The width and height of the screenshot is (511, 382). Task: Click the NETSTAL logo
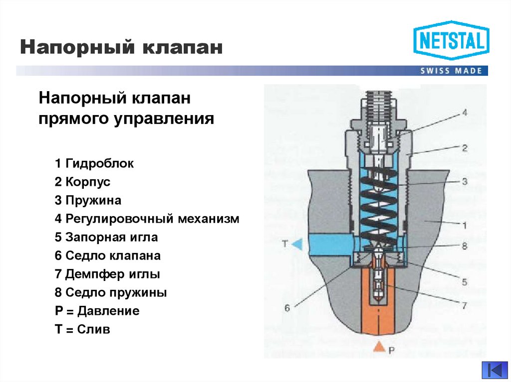click(x=451, y=40)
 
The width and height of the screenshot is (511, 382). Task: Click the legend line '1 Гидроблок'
click(x=94, y=163)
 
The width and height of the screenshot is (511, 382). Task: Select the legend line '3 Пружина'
click(x=88, y=200)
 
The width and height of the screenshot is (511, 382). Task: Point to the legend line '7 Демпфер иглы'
click(x=107, y=274)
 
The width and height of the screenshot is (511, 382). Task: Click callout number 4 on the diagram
click(x=464, y=113)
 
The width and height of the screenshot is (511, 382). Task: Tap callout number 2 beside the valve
click(x=464, y=147)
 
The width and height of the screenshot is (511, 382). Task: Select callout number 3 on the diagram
click(x=464, y=182)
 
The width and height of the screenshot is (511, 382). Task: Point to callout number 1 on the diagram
click(x=464, y=225)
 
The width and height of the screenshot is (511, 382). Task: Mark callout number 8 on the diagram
click(x=464, y=246)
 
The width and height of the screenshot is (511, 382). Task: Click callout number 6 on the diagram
click(x=287, y=308)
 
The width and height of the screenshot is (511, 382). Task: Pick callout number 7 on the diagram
click(x=464, y=305)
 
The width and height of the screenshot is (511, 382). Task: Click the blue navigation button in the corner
click(x=494, y=371)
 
